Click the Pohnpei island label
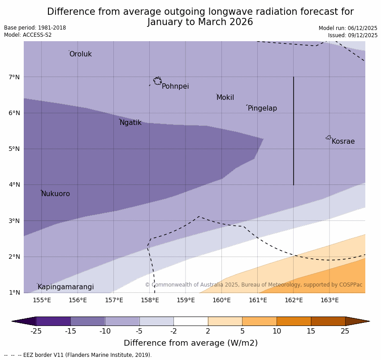175,86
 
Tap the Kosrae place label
343,141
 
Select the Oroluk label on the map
80,54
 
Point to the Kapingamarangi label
65,287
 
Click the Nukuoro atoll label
56,194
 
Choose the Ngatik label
130,123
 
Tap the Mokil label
225,98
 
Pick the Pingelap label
262,108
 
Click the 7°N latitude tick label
14,77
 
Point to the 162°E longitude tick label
294,300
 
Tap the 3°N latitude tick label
14,221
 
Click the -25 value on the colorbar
36,331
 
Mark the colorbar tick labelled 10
277,331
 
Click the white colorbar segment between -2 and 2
190,321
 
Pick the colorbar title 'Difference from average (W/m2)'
190,343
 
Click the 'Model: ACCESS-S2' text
28,35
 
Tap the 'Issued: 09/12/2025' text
352,35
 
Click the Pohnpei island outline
157,81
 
